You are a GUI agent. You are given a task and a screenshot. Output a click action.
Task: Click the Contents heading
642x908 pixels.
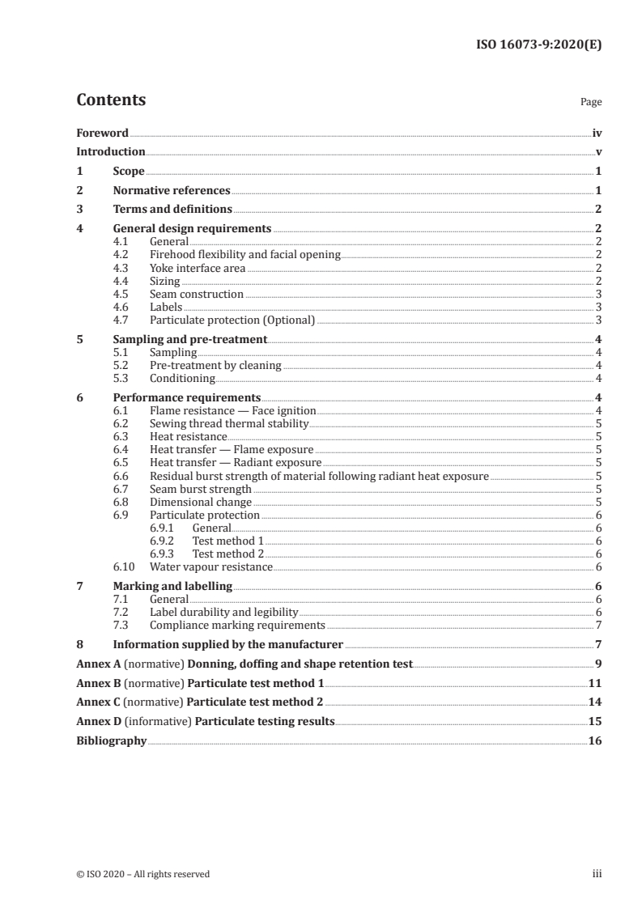[111, 100]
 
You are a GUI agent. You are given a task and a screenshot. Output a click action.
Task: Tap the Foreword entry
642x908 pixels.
[102, 133]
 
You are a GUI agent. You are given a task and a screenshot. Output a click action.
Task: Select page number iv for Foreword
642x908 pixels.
[597, 133]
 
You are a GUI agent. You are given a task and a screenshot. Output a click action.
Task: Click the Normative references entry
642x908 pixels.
[172, 191]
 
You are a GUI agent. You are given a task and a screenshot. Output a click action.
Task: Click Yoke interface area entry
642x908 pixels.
[198, 267]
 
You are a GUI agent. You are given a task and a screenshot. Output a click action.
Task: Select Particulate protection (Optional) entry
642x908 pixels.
[232, 320]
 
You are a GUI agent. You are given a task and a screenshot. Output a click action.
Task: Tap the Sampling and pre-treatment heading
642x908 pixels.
[190, 340]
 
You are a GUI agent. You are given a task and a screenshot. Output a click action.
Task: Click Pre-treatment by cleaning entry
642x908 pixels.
[215, 365]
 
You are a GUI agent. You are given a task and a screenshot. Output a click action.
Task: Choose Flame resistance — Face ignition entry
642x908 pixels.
[232, 411]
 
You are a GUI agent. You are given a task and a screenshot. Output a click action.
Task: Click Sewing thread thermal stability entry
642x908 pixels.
[229, 423]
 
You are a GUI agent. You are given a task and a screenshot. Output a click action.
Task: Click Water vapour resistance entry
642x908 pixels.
[211, 566]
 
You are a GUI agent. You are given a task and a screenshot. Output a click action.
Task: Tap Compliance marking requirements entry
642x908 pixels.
[238, 625]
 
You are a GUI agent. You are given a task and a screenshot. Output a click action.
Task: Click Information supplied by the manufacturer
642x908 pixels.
[227, 645]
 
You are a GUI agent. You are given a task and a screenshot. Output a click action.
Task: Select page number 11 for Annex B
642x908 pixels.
[595, 683]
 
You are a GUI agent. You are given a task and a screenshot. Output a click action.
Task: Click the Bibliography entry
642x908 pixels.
[111, 740]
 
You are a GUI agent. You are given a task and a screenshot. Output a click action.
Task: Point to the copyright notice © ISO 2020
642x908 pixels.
[142, 874]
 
